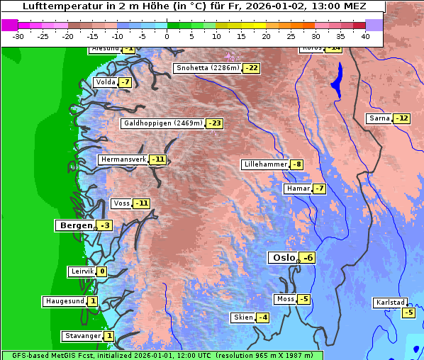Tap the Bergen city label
click(x=75, y=225)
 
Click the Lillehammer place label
click(x=265, y=164)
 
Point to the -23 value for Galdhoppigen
click(x=215, y=123)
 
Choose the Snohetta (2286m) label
click(x=207, y=68)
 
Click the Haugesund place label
click(x=65, y=301)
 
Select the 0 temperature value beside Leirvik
click(x=102, y=271)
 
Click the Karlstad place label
click(x=391, y=303)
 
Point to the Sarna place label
click(x=379, y=118)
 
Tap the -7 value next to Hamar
click(x=319, y=189)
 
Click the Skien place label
click(x=242, y=317)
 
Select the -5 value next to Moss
click(x=303, y=299)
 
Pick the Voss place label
click(x=121, y=203)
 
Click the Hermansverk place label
click(x=123, y=159)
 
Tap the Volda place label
click(x=105, y=82)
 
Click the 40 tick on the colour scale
click(x=365, y=36)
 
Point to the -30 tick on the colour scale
click(x=18, y=36)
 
